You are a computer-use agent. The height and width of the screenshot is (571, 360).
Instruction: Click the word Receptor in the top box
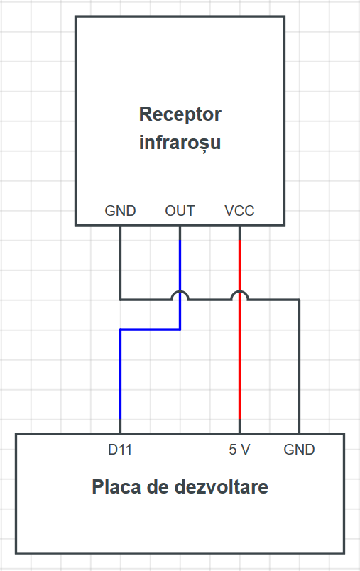180,115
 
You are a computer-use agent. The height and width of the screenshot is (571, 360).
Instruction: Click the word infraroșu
180,142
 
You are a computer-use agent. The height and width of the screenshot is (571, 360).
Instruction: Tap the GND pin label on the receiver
120,211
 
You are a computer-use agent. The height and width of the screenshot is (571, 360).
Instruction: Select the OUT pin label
180,211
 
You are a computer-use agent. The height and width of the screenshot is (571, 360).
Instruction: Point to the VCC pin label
239,211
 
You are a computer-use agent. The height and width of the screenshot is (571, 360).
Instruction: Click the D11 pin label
120,450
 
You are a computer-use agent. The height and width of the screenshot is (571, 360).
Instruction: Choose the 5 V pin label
239,450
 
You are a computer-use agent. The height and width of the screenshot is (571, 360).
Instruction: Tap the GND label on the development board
299,450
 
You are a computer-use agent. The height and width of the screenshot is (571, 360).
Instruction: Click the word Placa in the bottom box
116,487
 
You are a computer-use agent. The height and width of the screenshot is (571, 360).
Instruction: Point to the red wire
239,330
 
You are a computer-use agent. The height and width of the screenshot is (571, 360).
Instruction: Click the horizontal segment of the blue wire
150,330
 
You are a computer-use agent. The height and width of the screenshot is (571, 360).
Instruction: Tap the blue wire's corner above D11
120,330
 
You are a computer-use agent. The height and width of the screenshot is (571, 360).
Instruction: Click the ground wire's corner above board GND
299,300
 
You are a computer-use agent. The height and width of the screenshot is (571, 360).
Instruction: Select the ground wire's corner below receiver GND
120,300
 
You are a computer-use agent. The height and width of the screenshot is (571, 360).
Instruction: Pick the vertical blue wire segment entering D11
120,375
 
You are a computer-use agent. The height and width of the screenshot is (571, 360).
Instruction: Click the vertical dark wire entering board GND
299,366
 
